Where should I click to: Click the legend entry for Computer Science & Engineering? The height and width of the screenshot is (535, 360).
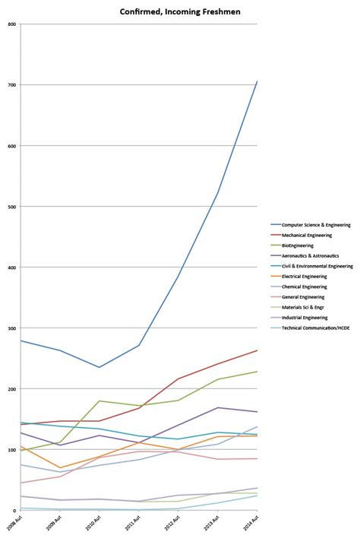(x=315, y=225)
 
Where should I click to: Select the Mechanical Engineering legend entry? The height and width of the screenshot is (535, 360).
(x=305, y=236)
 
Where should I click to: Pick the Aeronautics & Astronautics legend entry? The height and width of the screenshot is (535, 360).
(x=310, y=256)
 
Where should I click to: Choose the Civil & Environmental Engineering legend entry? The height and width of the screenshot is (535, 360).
(x=317, y=266)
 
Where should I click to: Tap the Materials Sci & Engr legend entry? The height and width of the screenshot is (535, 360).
(x=302, y=307)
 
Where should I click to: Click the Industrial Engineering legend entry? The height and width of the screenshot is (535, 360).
(x=304, y=318)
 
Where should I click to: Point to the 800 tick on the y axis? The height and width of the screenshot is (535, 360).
(x=12, y=24)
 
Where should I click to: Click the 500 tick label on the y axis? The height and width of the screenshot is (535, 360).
(x=12, y=206)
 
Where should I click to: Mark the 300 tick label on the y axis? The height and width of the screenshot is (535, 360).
(x=12, y=328)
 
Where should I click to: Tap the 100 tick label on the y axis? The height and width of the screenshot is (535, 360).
(x=12, y=449)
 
